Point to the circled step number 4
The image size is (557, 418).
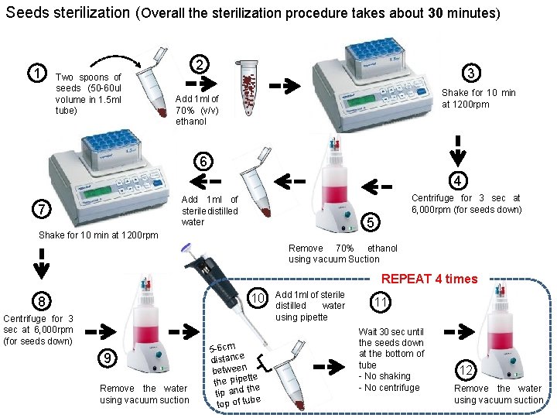pos(458,180)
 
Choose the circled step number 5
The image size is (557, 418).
pos(371,223)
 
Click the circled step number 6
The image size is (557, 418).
pos(202,162)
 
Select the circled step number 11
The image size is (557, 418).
pos(380,303)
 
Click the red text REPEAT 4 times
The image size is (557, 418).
pos(429,279)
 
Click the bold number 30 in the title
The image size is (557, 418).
pos(436,13)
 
